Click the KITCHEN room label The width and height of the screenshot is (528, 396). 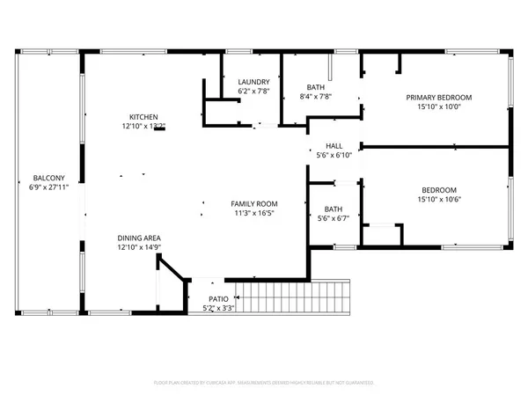[x=143, y=117]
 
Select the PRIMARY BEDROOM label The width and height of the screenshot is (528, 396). [x=438, y=97]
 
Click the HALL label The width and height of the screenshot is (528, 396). [x=334, y=146]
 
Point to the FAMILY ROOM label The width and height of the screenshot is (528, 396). [x=249, y=203]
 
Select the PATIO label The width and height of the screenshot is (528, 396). [x=207, y=299]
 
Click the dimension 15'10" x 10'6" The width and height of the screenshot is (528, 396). [x=438, y=200]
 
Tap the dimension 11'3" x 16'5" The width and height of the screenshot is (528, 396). [x=249, y=213]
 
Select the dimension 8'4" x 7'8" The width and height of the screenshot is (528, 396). [x=316, y=97]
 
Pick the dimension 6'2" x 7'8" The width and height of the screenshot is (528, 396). [x=253, y=92]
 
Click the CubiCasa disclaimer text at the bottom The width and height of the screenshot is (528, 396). [x=264, y=384]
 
